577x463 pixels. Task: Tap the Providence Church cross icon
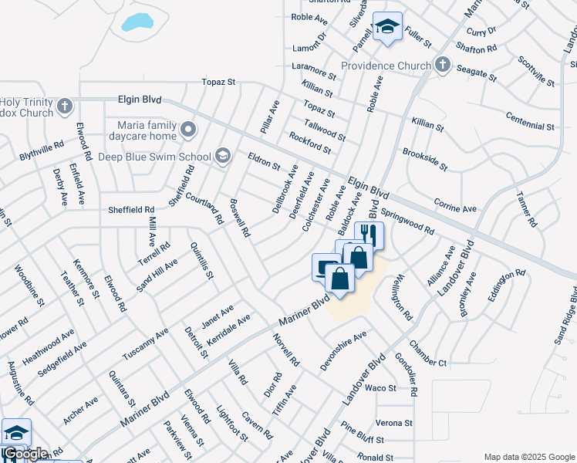[443, 65]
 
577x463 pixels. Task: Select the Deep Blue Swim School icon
[223, 156]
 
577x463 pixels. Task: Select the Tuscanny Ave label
[145, 343]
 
